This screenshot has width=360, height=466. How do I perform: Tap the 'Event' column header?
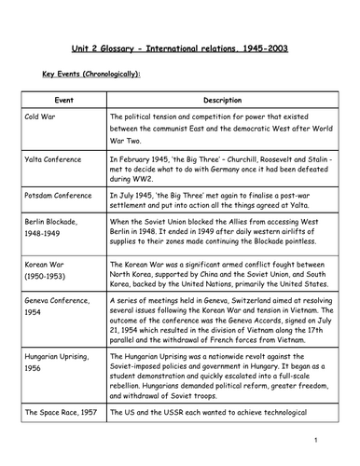tap(62, 100)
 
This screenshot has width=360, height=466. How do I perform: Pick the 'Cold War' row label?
tap(42, 117)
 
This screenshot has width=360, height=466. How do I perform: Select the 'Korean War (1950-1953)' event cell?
tap(48, 296)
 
